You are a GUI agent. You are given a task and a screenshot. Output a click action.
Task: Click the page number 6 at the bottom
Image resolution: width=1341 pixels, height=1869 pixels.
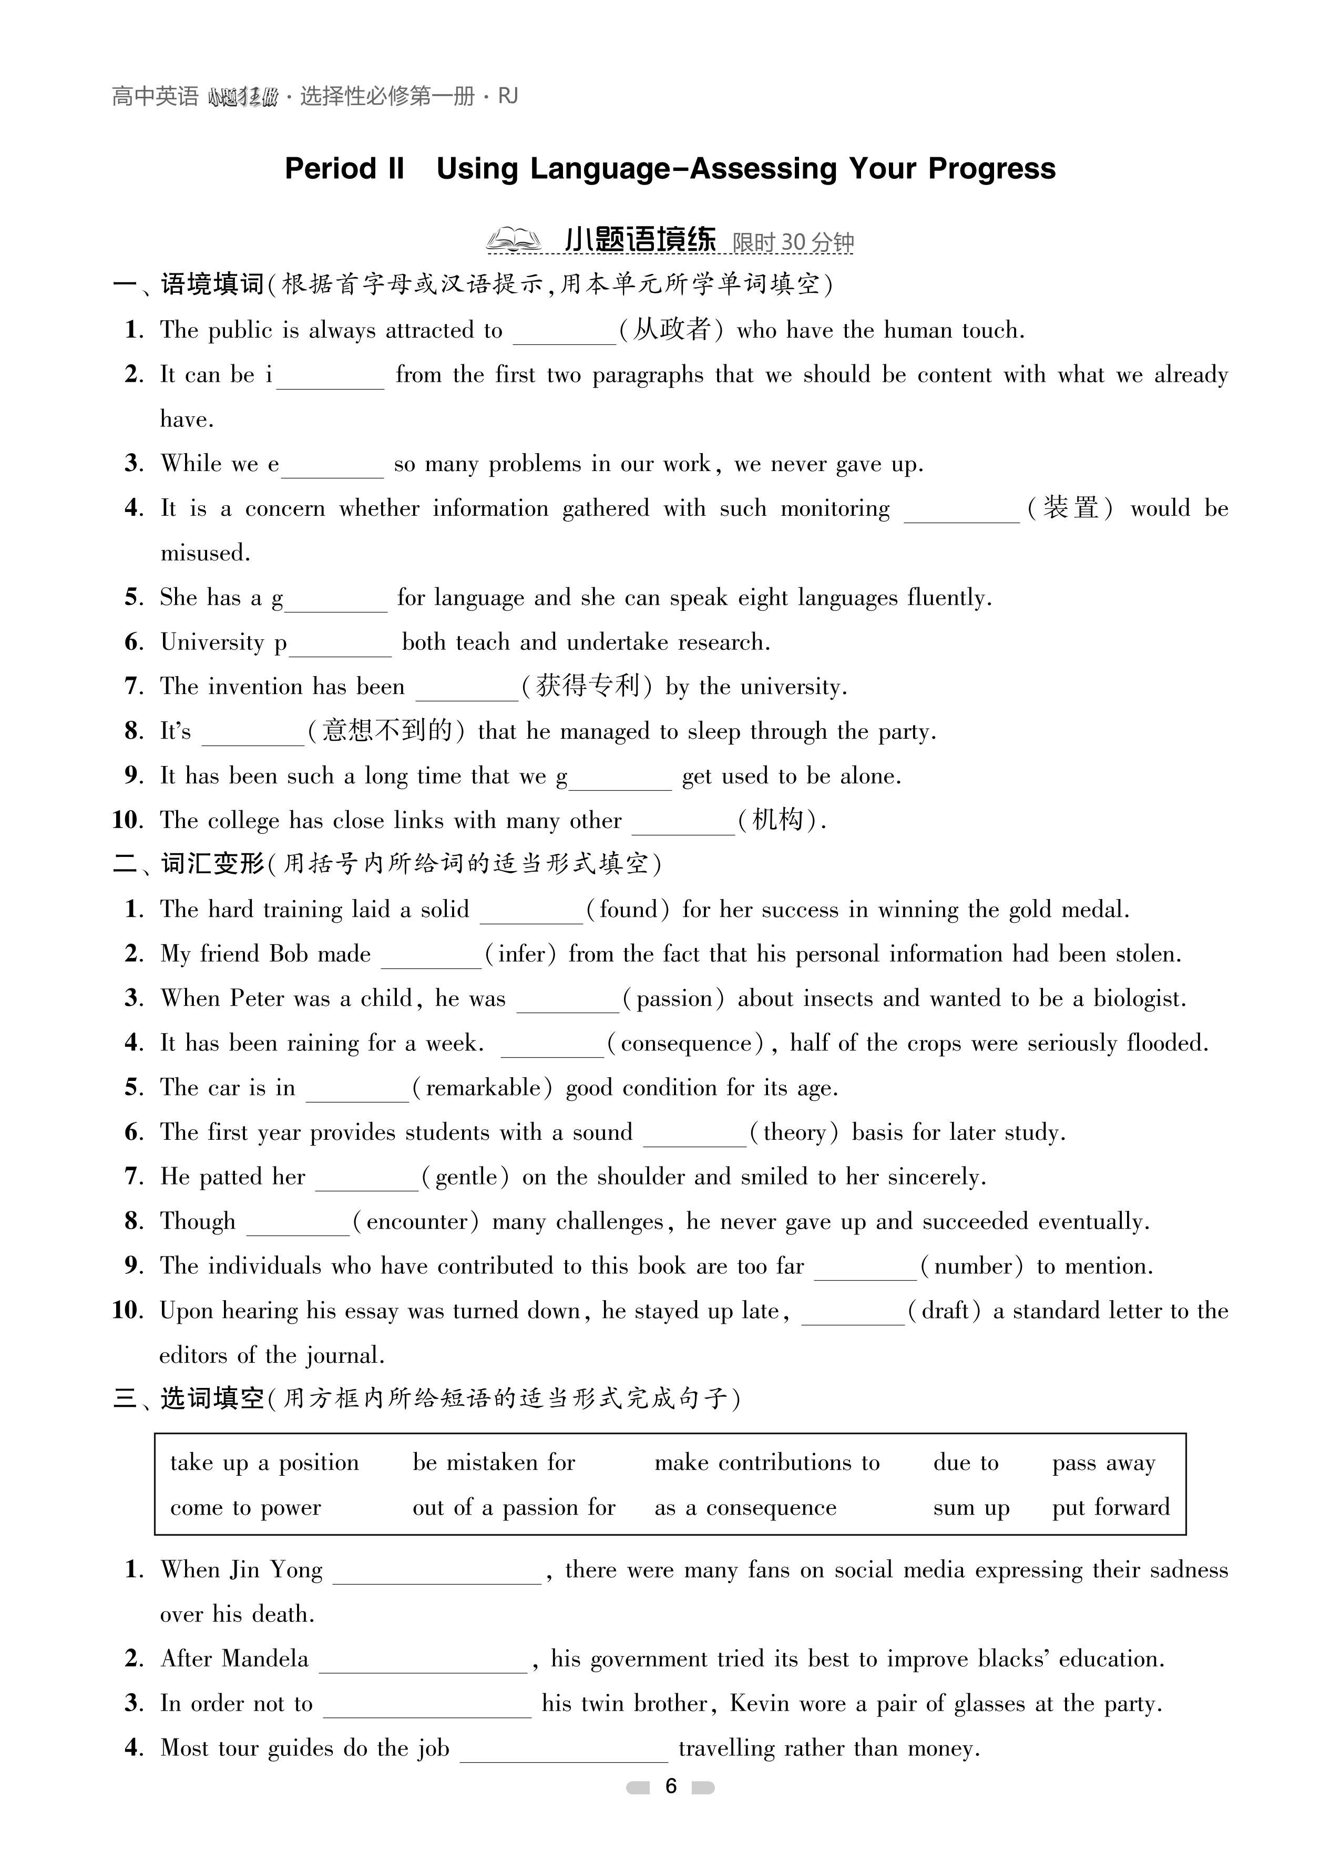coord(671,1786)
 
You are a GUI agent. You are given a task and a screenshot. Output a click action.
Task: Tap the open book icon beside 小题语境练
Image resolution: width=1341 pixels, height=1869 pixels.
coord(513,241)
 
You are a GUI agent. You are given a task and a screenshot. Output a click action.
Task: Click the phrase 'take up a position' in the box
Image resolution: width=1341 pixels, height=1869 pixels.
coord(264,1463)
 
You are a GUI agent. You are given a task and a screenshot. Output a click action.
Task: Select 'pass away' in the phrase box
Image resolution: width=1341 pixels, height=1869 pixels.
coord(1103,1463)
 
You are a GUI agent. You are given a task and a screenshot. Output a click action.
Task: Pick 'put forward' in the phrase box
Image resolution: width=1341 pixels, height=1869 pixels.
coord(1110,1507)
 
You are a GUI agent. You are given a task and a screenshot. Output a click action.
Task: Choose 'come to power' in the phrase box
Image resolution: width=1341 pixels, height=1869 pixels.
coord(245,1507)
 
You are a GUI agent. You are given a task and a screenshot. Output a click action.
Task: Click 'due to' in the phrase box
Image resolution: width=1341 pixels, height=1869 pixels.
coord(965,1463)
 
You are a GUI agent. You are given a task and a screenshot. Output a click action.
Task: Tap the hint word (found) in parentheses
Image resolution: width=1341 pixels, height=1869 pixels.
coord(628,910)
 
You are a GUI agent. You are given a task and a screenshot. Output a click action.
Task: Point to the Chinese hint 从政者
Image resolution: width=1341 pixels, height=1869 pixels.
coord(672,330)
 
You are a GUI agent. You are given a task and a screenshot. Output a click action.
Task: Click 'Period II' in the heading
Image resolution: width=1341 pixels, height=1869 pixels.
coord(344,168)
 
